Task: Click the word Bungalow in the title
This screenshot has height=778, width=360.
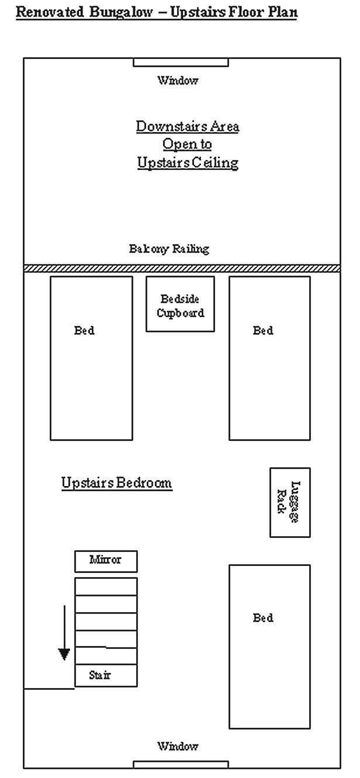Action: click(121, 12)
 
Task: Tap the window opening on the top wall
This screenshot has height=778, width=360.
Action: click(181, 62)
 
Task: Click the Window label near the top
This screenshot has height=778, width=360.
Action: click(178, 81)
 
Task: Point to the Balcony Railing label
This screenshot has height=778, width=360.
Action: click(169, 249)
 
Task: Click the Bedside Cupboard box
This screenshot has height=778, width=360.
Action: click(180, 304)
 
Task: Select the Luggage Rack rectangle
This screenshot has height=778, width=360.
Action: click(290, 502)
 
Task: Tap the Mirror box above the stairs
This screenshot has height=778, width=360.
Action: click(106, 561)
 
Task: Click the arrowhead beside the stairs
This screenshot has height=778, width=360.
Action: click(64, 654)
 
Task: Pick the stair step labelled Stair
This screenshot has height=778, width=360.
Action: click(106, 675)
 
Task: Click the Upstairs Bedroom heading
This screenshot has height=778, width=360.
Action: click(117, 483)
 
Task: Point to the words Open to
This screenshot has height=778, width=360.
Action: click(187, 144)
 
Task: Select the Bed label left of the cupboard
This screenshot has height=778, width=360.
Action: click(84, 331)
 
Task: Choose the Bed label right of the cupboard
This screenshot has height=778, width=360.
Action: click(263, 331)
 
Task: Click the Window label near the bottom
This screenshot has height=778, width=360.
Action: click(178, 746)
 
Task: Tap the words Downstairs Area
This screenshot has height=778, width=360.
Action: click(187, 126)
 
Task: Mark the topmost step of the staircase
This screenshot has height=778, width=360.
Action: click(106, 586)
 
